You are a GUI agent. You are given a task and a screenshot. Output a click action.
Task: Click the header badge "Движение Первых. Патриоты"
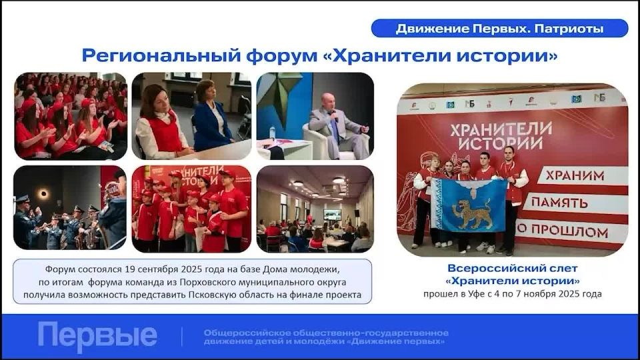click(x=499, y=29)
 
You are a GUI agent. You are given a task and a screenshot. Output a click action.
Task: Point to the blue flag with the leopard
click(x=469, y=205)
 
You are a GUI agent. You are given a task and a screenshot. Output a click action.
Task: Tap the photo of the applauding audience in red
click(x=70, y=115)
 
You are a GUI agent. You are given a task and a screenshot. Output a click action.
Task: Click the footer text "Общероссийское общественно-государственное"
click(x=326, y=332)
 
